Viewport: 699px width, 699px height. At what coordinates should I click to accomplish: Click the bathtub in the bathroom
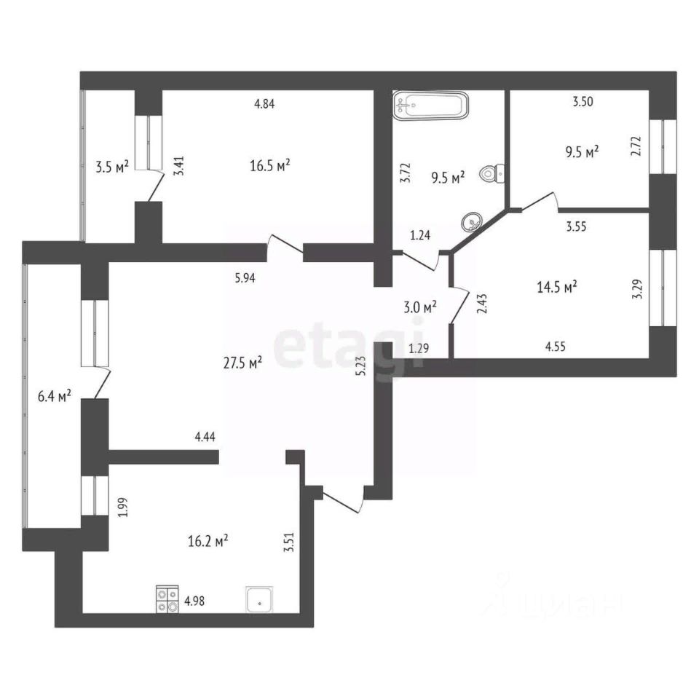tap(430, 105)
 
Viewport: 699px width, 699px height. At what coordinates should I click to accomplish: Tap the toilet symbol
tap(492, 174)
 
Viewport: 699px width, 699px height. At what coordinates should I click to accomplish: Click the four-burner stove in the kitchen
tap(167, 599)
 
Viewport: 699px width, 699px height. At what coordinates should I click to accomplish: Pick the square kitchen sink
tap(259, 600)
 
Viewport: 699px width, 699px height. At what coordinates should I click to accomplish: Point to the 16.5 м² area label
tap(269, 166)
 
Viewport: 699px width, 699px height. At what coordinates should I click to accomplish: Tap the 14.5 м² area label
tap(556, 287)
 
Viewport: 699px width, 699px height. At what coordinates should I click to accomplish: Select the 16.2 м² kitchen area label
tap(208, 540)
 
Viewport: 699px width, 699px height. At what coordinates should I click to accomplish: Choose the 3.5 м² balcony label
tap(112, 166)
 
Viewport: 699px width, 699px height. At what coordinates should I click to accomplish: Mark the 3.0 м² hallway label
tap(421, 307)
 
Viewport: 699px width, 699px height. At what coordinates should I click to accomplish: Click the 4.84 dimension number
tap(264, 103)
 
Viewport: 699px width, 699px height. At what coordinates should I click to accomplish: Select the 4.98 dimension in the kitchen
tap(194, 601)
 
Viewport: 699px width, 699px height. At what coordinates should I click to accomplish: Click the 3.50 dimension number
tap(583, 102)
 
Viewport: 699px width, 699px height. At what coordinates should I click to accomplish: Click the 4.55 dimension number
tap(554, 347)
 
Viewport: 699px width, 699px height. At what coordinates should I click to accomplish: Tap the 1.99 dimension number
tap(123, 506)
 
